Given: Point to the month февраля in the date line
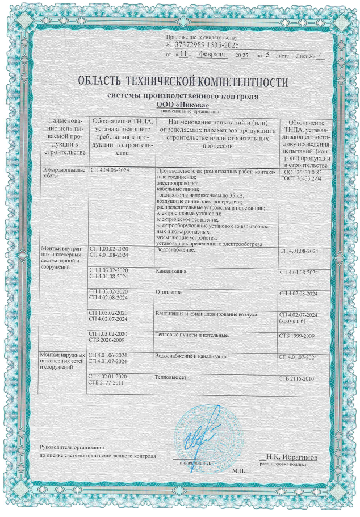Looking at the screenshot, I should point(213,55).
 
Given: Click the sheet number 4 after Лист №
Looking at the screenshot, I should point(320,56).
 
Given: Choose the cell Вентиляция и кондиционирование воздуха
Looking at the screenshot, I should point(207,314).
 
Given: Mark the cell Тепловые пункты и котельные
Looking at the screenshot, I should point(191,335).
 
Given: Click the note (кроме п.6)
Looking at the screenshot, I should point(298,322).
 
